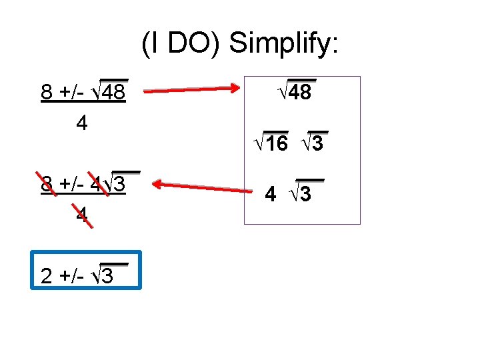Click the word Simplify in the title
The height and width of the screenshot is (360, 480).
click(x=285, y=44)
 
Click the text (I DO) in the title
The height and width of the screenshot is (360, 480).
click(x=181, y=44)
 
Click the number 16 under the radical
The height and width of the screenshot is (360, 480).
click(x=276, y=143)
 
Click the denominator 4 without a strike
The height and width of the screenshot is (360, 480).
click(x=82, y=124)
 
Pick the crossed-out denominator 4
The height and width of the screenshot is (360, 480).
click(x=81, y=215)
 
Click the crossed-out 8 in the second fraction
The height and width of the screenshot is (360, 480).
click(x=47, y=183)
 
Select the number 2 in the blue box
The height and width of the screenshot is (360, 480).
click(x=47, y=275)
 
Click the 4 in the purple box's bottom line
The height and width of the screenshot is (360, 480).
click(x=270, y=195)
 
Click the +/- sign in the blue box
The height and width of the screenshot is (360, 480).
click(x=71, y=275)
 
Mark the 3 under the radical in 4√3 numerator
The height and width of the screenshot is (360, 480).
click(x=120, y=183)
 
